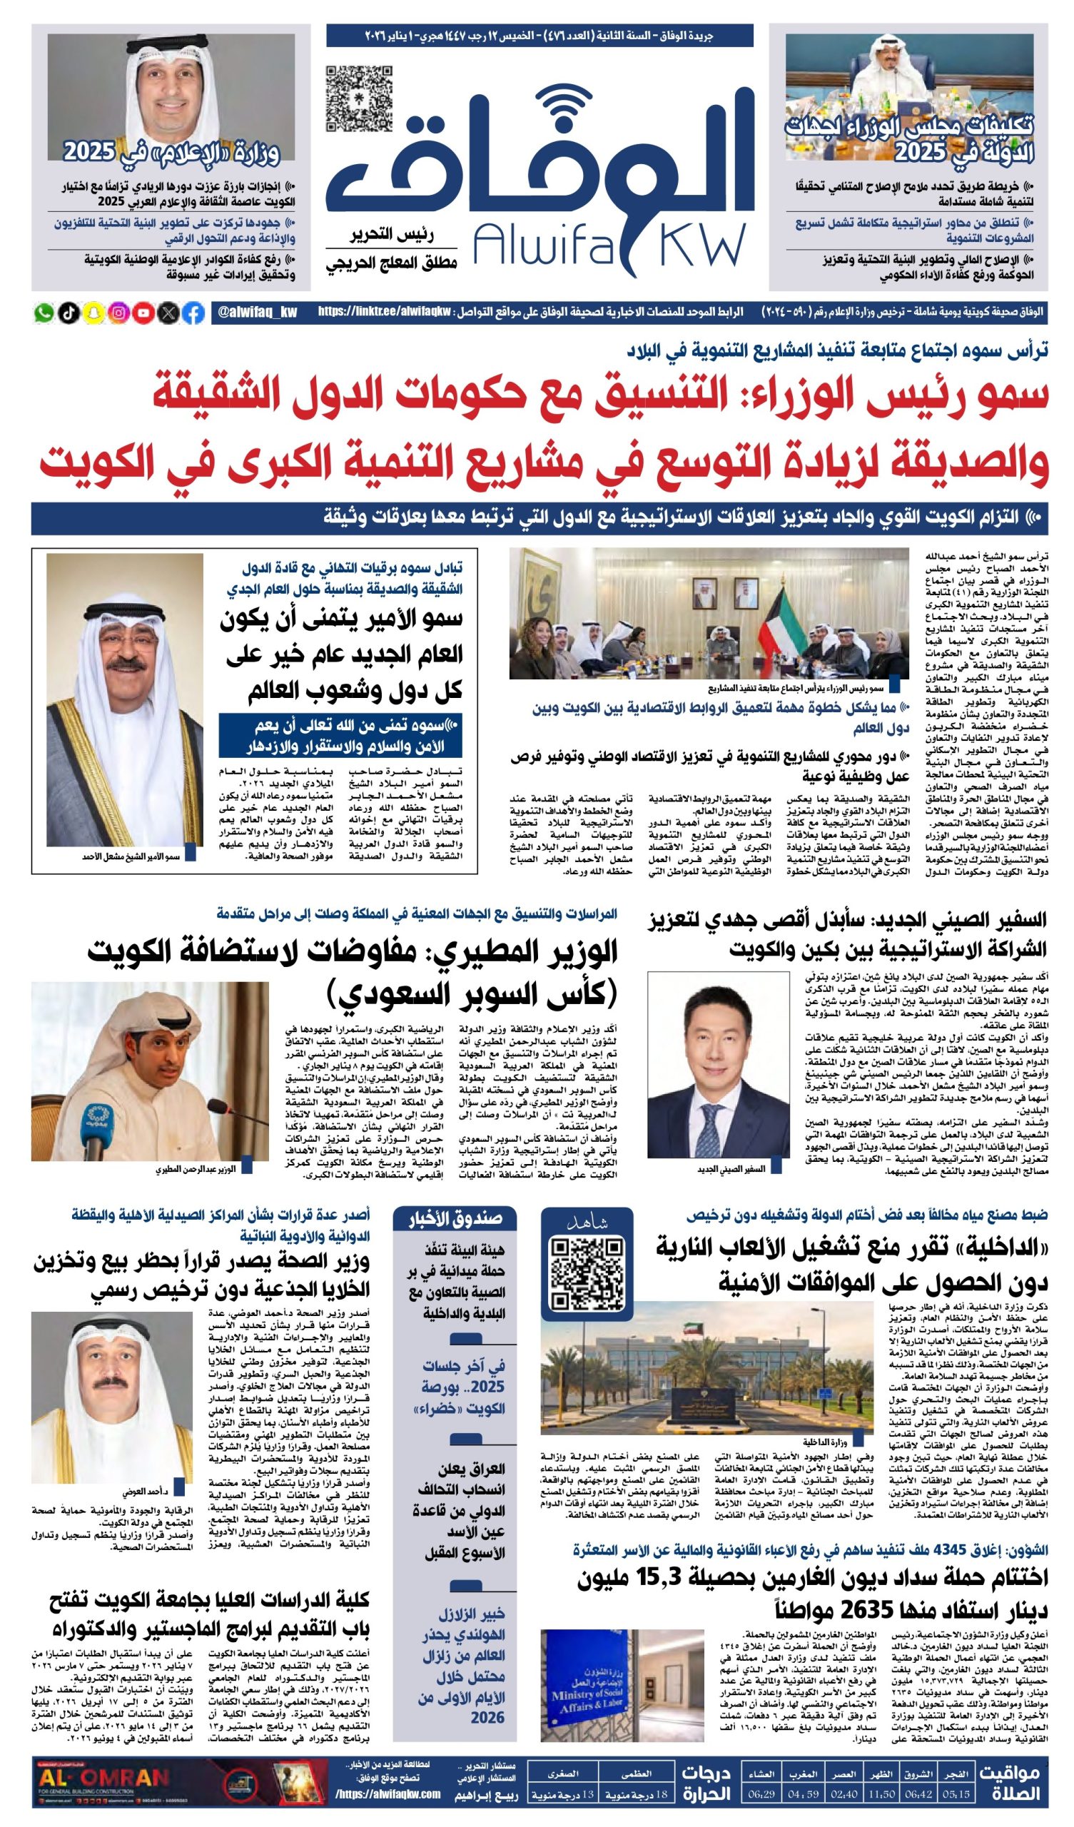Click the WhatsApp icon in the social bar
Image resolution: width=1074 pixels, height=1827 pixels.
(44, 313)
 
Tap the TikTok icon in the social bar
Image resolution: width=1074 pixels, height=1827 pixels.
(69, 313)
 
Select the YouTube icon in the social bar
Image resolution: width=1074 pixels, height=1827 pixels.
(143, 313)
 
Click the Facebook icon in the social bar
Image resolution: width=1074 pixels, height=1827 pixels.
(193, 313)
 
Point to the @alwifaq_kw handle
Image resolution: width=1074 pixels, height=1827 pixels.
(258, 313)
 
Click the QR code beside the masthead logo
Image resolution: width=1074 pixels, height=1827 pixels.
(359, 98)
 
